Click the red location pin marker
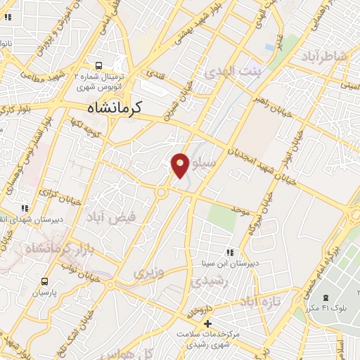tap(179, 165)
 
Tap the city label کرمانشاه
tap(115, 108)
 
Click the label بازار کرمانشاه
tap(56, 247)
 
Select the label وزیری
tap(148, 271)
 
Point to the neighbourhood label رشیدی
tap(207, 280)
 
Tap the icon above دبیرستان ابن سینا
tap(229, 252)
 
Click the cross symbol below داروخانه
tap(206, 323)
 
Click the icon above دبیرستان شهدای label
tap(25, 208)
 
